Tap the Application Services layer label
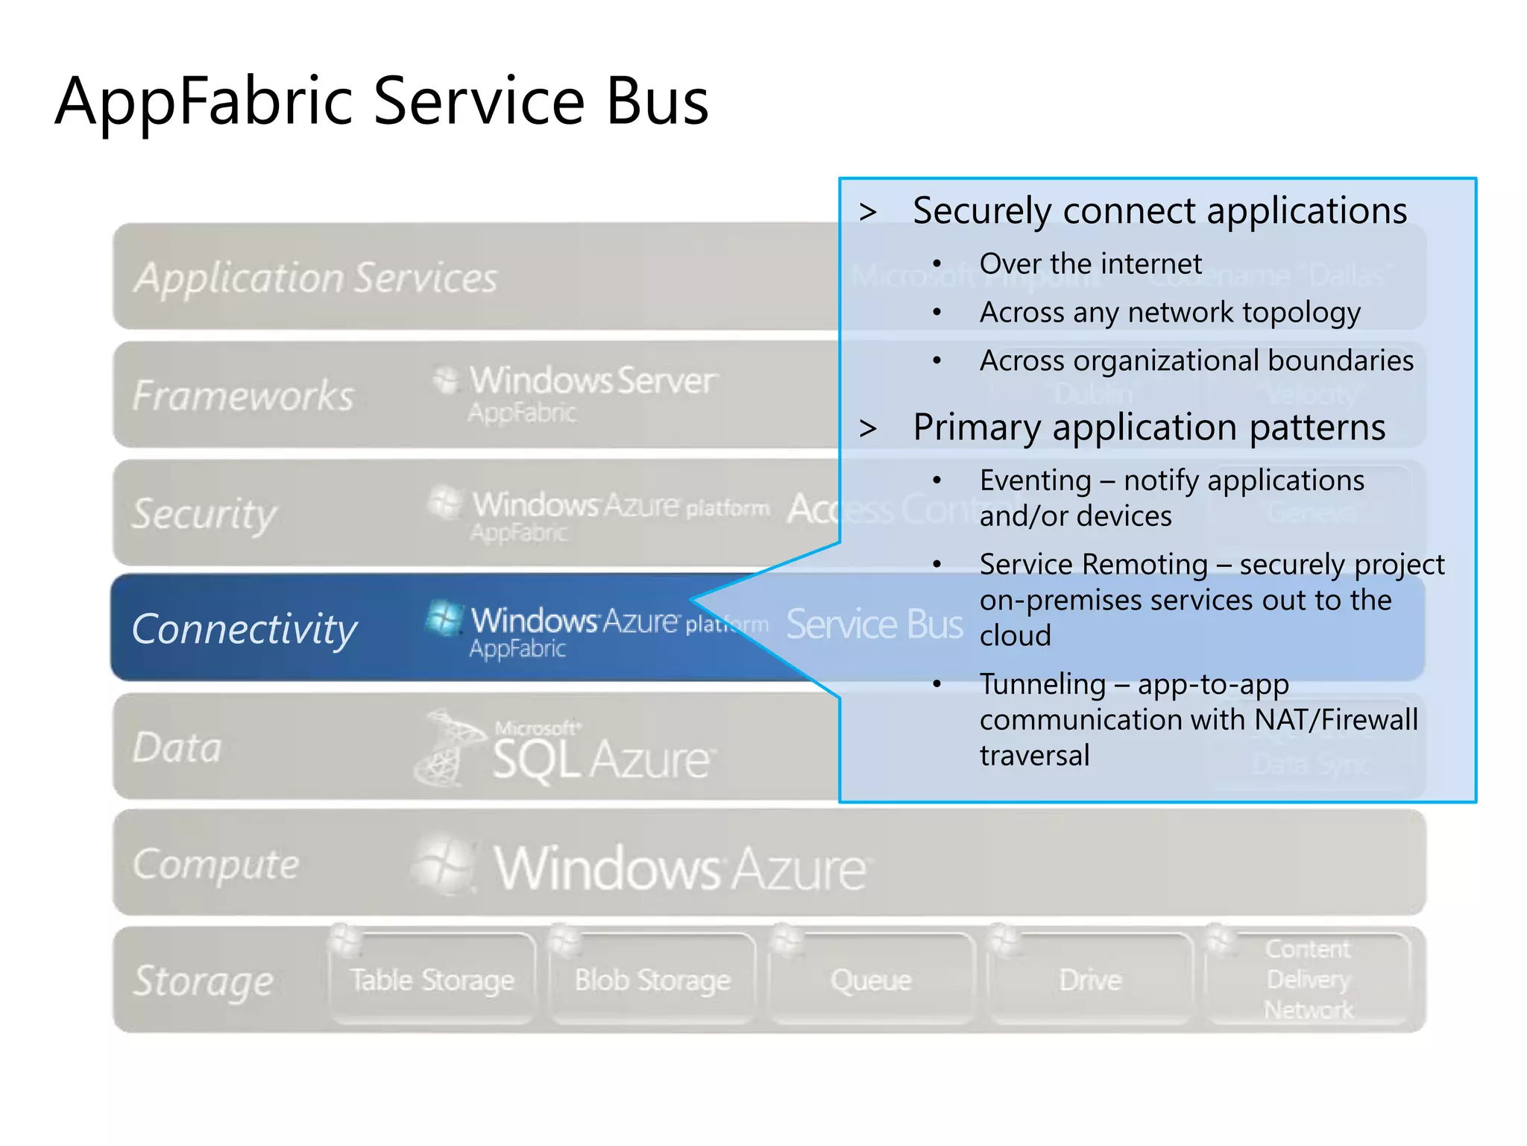pyautogui.click(x=315, y=278)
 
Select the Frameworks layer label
pyautogui.click(x=243, y=395)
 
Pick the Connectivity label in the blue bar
pyautogui.click(x=245, y=628)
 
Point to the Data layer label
pyautogui.click(x=177, y=747)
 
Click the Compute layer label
pyautogui.click(x=216, y=864)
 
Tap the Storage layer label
pyautogui.click(x=204, y=980)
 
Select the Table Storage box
pyautogui.click(x=432, y=980)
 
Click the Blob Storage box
pyautogui.click(x=652, y=980)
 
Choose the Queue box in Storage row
pyautogui.click(x=871, y=980)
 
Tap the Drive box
pyautogui.click(x=1090, y=980)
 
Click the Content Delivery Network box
pyautogui.click(x=1309, y=979)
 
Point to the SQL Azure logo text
pyautogui.click(x=601, y=759)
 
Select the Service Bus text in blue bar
pyautogui.click(x=875, y=624)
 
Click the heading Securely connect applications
pyautogui.click(x=1159, y=210)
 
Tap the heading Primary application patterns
pyautogui.click(x=1149, y=428)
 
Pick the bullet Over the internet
pyautogui.click(x=1090, y=263)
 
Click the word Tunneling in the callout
pyautogui.click(x=1042, y=684)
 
